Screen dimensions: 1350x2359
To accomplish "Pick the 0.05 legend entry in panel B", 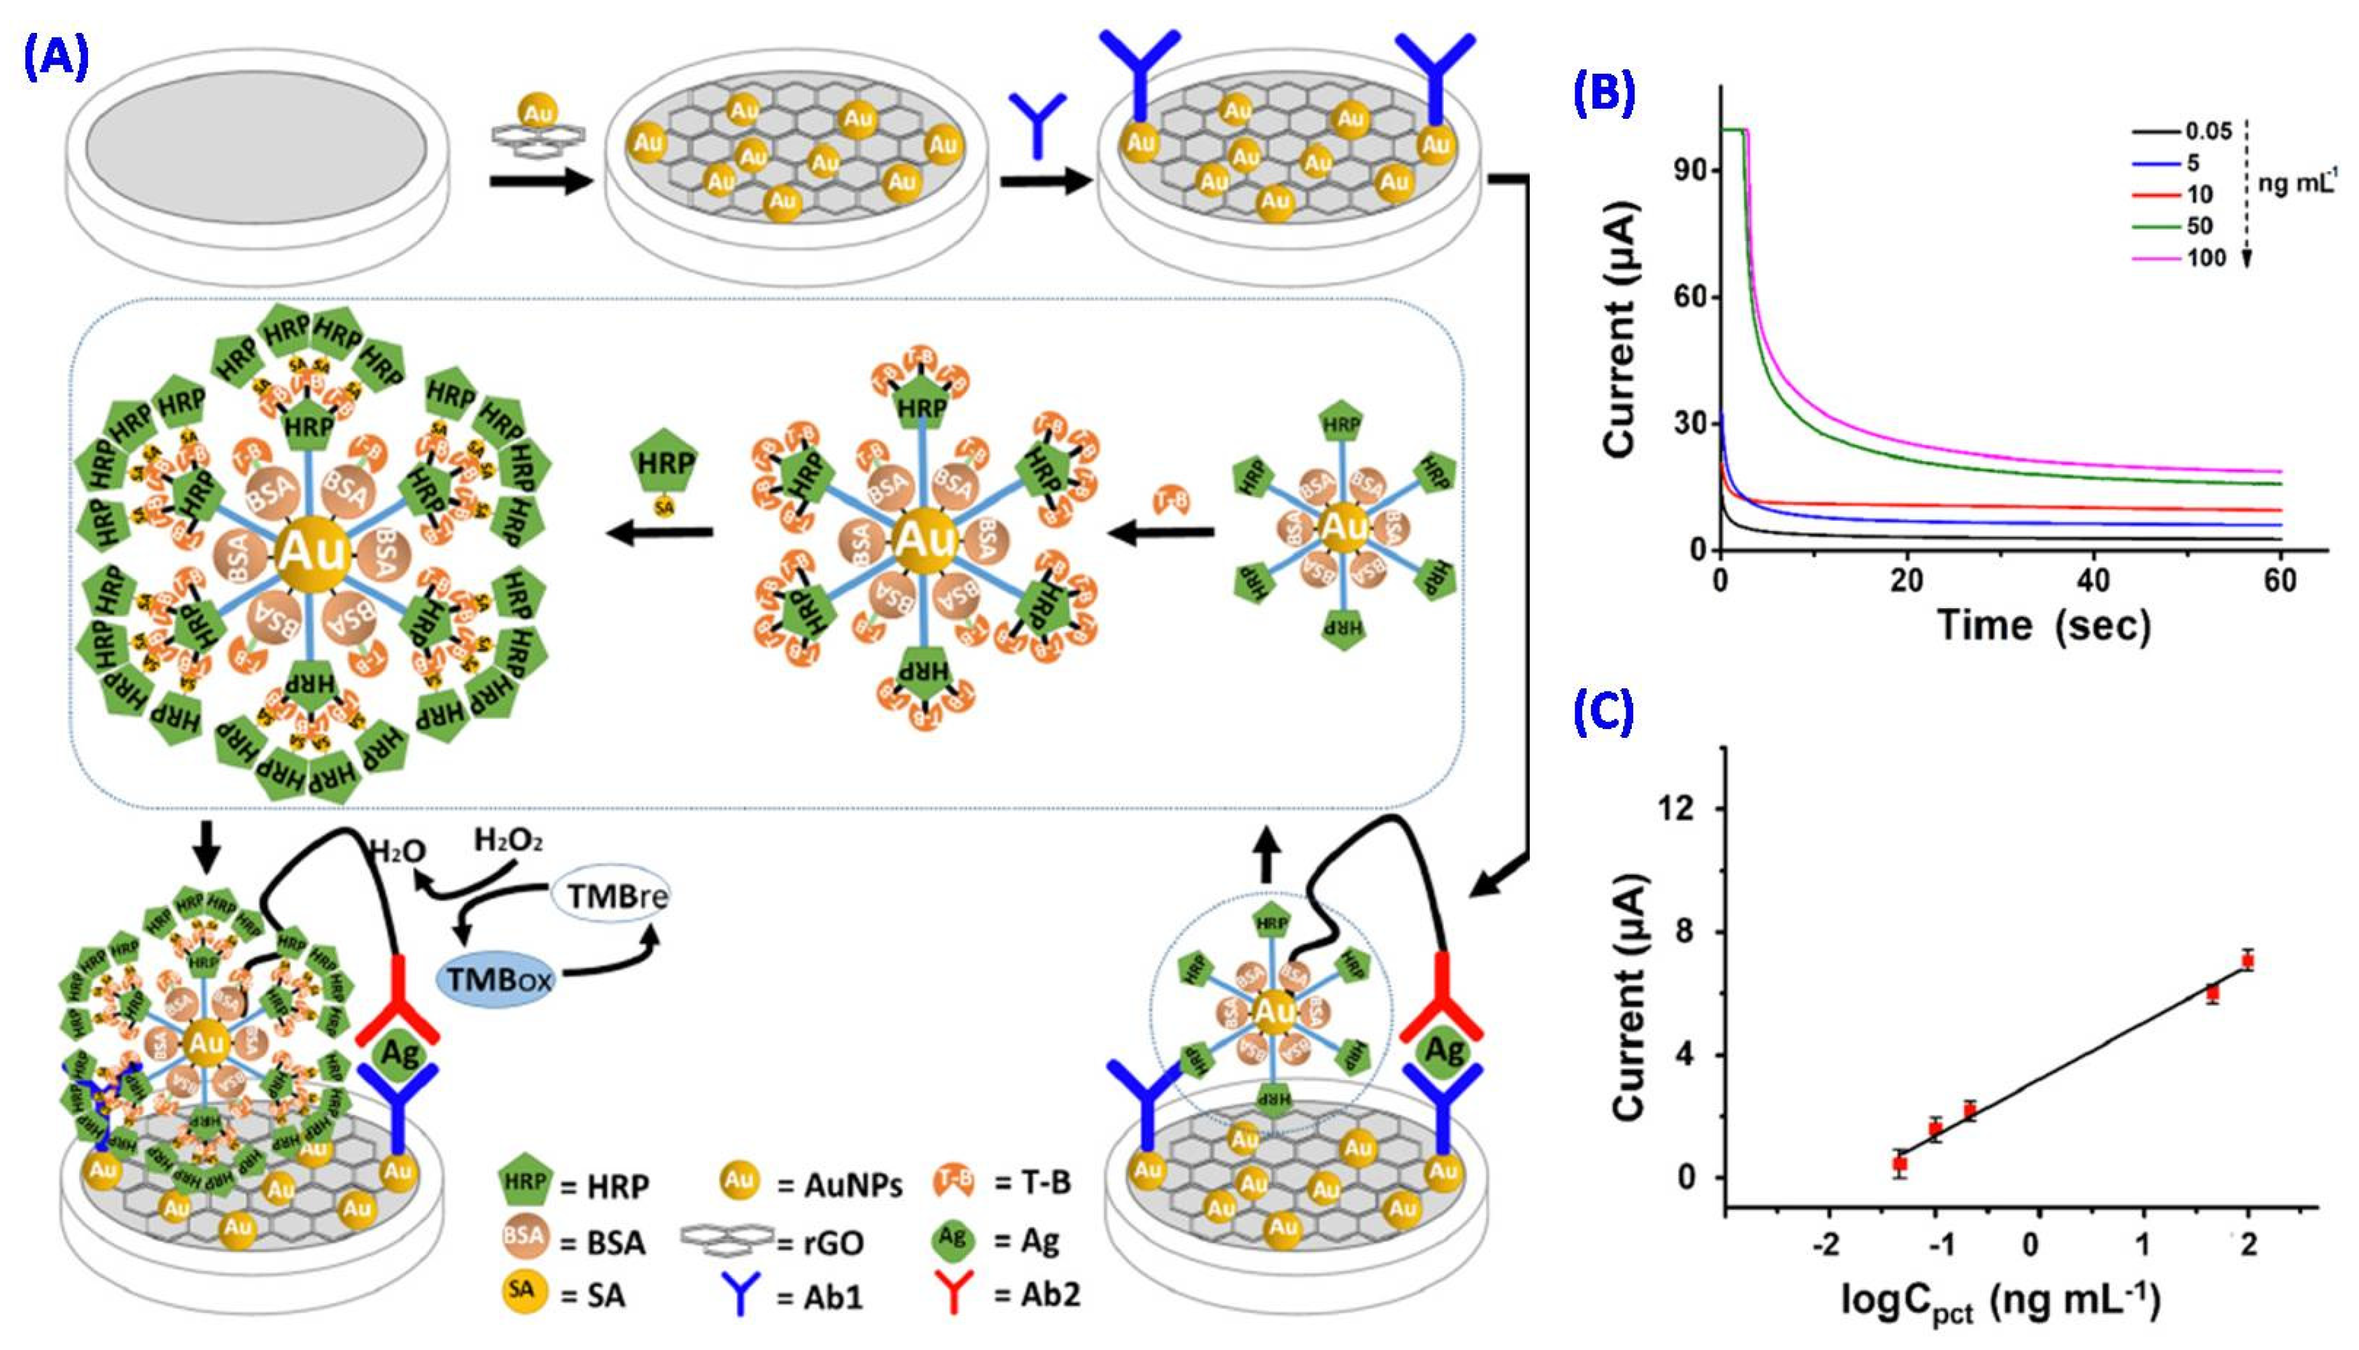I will click(2207, 132).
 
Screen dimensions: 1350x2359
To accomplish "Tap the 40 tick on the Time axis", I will click(2093, 581).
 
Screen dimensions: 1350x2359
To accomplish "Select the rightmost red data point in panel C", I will click(2247, 961).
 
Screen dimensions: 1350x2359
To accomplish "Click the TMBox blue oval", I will click(499, 980).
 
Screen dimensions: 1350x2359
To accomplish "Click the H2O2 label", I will click(508, 841).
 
